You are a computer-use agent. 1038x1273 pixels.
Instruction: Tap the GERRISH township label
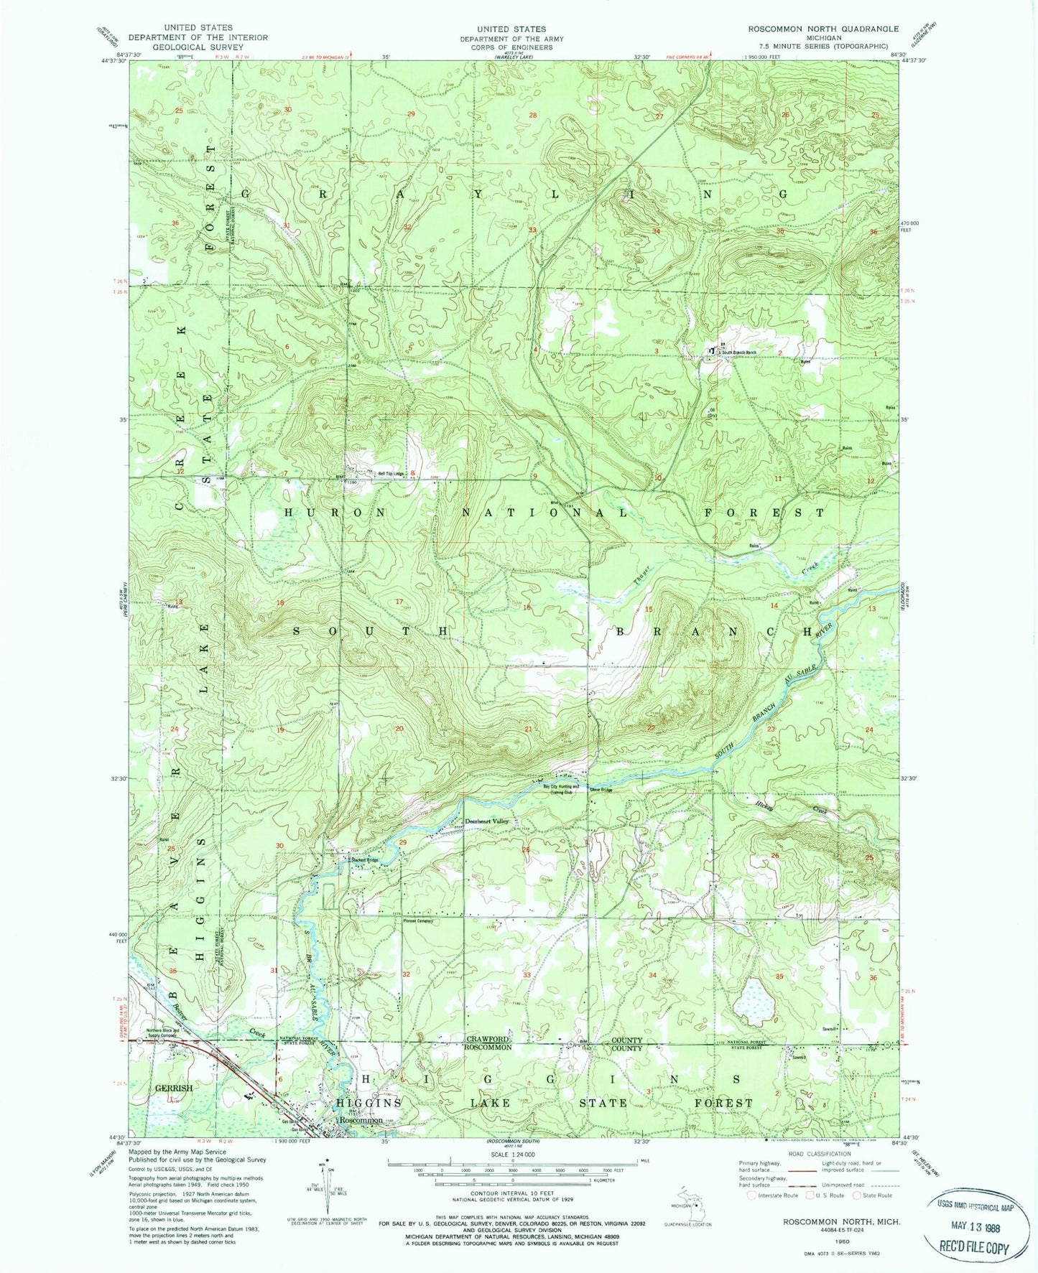173,1088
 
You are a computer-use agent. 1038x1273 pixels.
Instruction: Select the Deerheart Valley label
486,821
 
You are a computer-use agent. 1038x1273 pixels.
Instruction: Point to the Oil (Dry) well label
713,413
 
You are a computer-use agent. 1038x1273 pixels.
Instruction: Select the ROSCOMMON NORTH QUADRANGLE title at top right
822,29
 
